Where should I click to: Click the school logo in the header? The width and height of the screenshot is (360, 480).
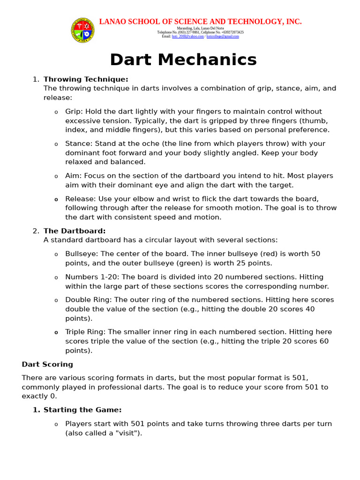click(82, 30)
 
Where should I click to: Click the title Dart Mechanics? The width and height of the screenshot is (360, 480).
click(183, 60)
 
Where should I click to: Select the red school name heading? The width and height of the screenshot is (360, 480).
click(200, 22)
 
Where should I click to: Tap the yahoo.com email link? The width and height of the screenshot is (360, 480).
click(188, 36)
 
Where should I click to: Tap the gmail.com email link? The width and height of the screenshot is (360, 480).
click(223, 36)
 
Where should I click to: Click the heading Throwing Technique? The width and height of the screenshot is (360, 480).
click(86, 79)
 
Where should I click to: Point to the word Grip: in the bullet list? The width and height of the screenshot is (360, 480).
click(74, 112)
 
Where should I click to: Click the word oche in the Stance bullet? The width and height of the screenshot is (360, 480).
click(141, 144)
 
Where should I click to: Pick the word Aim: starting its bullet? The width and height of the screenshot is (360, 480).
click(73, 176)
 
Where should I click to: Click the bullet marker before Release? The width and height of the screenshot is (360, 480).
click(56, 199)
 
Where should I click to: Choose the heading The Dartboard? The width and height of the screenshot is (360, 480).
click(75, 231)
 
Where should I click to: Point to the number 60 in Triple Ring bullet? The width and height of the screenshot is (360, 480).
click(324, 341)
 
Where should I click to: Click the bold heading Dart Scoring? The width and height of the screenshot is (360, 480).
click(47, 364)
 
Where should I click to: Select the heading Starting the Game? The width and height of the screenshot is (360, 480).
click(82, 410)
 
